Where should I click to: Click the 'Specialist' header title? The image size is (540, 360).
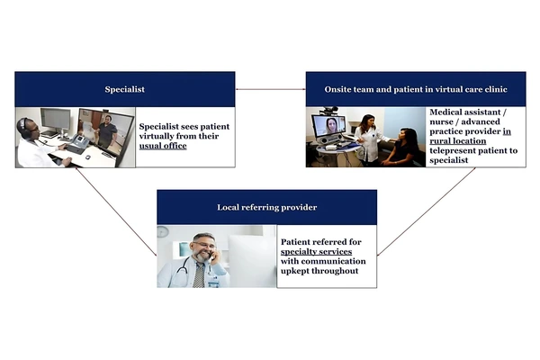pyautogui.click(x=125, y=90)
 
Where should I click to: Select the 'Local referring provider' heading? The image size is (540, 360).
pyautogui.click(x=267, y=207)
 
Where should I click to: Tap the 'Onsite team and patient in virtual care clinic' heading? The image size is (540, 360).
pyautogui.click(x=416, y=90)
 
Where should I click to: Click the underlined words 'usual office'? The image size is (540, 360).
pyautogui.click(x=163, y=146)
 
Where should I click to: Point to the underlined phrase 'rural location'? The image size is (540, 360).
pyautogui.click(x=458, y=141)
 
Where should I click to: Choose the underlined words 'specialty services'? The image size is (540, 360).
pyautogui.click(x=316, y=251)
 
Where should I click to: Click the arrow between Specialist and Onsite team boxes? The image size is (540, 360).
pyautogui.click(x=270, y=90)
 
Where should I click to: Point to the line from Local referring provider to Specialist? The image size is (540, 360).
pyautogui.click(x=116, y=211)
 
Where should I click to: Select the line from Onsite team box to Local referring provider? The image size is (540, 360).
pyautogui.click(x=427, y=211)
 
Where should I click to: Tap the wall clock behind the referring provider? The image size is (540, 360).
pyautogui.click(x=163, y=231)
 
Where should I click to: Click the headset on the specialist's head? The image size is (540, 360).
pyautogui.click(x=23, y=125)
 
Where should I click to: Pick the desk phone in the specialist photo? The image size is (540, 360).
pyautogui.click(x=80, y=140)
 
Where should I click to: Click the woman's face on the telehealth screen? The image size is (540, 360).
pyautogui.click(x=331, y=124)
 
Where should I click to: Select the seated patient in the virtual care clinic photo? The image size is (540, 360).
pyautogui.click(x=402, y=147)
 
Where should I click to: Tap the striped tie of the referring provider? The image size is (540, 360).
pyautogui.click(x=199, y=274)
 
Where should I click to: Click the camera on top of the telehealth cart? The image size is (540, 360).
pyautogui.click(x=328, y=110)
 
